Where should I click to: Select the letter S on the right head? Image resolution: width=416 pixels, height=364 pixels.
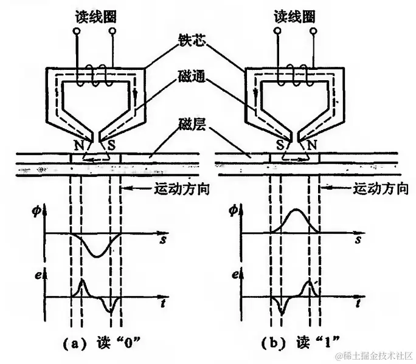(x=279, y=146)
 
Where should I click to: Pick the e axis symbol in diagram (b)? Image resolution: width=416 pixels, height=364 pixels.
(x=236, y=275)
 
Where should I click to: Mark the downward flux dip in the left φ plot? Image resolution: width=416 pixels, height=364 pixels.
(x=95, y=255)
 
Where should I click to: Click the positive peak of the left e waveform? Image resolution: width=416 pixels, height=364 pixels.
(x=82, y=282)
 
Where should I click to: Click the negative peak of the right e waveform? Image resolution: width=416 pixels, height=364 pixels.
(x=281, y=311)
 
